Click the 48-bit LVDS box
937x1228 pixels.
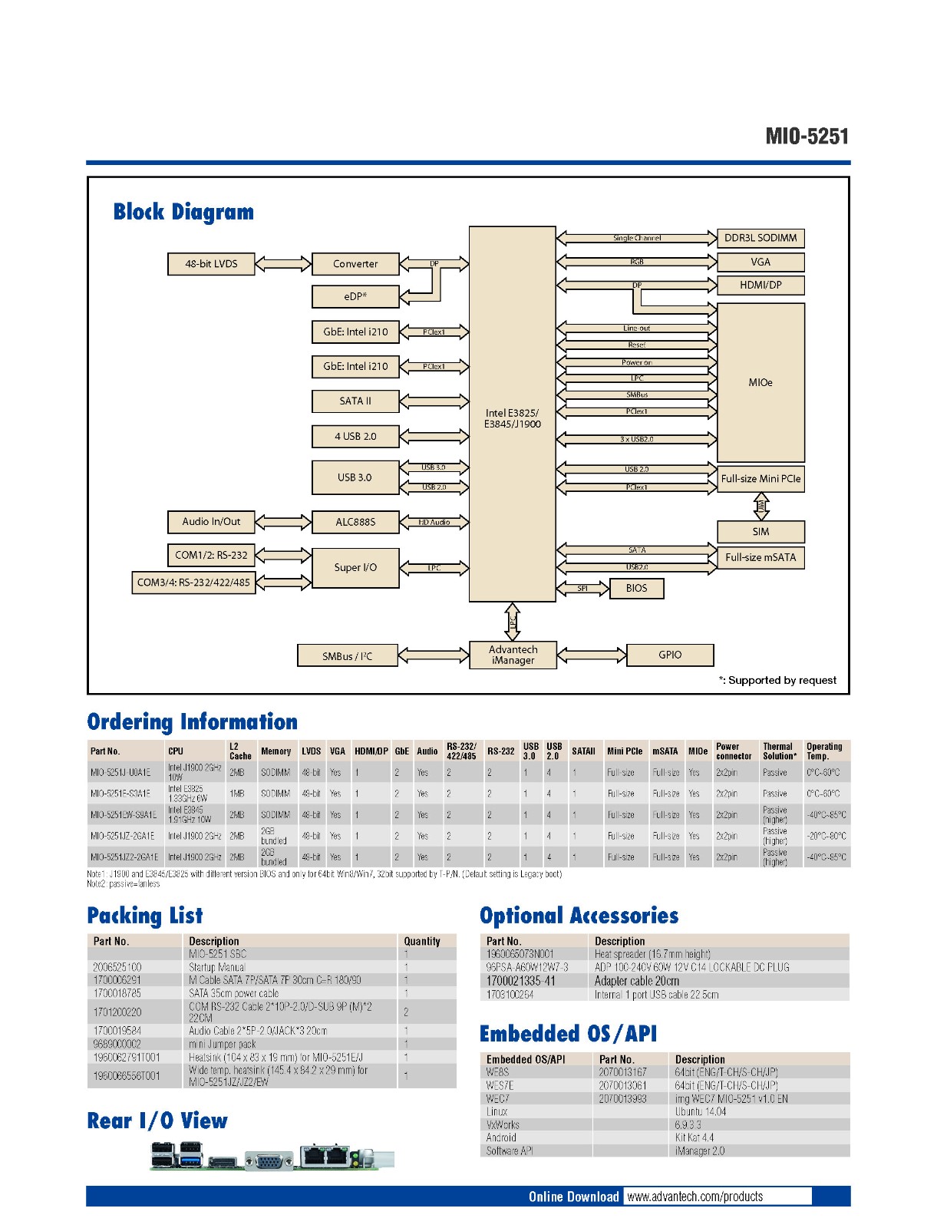[x=211, y=264]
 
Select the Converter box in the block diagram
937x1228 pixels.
[x=355, y=264]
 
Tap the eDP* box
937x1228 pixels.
[x=355, y=296]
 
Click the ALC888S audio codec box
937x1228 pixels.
[x=355, y=522]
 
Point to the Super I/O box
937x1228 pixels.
[x=355, y=568]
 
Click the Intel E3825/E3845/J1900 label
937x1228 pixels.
[x=512, y=418]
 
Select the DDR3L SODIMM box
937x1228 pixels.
[x=760, y=238]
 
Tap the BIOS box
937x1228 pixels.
[x=636, y=588]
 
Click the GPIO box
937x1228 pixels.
[x=670, y=655]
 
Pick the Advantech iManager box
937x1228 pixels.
[x=513, y=655]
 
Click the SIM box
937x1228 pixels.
[x=760, y=531]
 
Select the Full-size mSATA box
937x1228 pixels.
[x=760, y=557]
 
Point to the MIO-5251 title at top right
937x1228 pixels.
[x=807, y=137]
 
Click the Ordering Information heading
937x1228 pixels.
[x=193, y=722]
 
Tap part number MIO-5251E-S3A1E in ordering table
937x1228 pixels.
[x=120, y=794]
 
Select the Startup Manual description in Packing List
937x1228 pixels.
[x=217, y=967]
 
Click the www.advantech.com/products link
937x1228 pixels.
[x=695, y=1197]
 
